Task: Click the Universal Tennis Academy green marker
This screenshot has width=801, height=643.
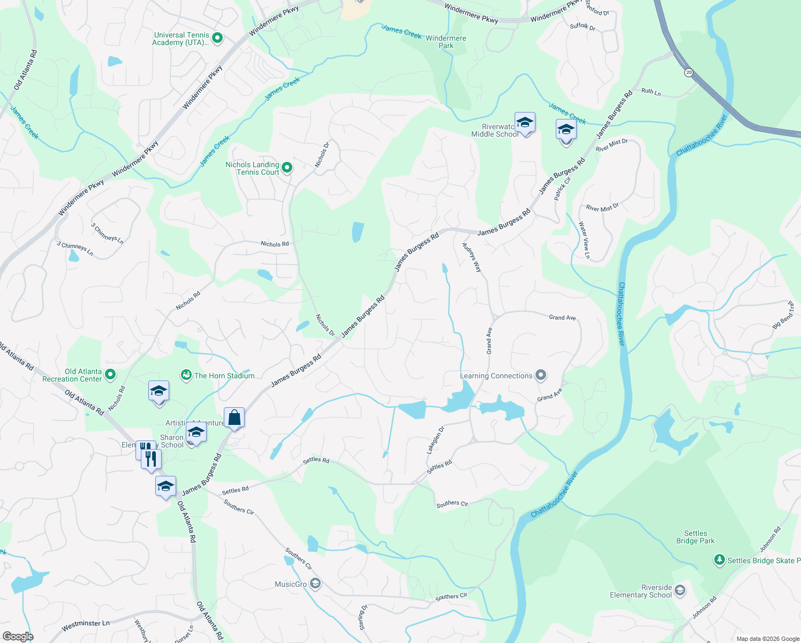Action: click(x=217, y=39)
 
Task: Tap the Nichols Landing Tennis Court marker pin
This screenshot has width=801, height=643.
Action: click(x=287, y=168)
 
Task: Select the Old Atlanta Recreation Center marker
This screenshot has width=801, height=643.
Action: click(x=110, y=375)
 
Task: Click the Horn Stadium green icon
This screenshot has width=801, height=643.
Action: click(x=186, y=375)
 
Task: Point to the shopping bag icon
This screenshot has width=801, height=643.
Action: click(x=235, y=417)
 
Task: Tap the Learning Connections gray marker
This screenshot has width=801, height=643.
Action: click(x=541, y=375)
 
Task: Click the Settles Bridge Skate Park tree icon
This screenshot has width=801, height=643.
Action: click(x=719, y=560)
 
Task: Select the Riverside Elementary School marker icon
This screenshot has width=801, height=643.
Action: click(x=680, y=590)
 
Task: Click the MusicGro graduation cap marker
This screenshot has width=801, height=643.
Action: click(x=315, y=584)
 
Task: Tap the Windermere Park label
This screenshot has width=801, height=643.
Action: click(x=446, y=42)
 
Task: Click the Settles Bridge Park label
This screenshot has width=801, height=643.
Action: click(x=695, y=537)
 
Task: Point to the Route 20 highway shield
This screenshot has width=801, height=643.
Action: click(x=688, y=72)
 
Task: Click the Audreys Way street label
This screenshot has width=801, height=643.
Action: click(x=472, y=258)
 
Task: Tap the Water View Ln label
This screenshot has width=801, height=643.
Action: click(x=584, y=240)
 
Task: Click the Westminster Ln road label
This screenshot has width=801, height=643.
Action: click(x=86, y=625)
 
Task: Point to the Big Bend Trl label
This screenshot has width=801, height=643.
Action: click(x=783, y=316)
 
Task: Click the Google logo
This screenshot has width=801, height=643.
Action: click(x=18, y=636)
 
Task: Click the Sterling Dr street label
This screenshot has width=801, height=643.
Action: click(x=363, y=618)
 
